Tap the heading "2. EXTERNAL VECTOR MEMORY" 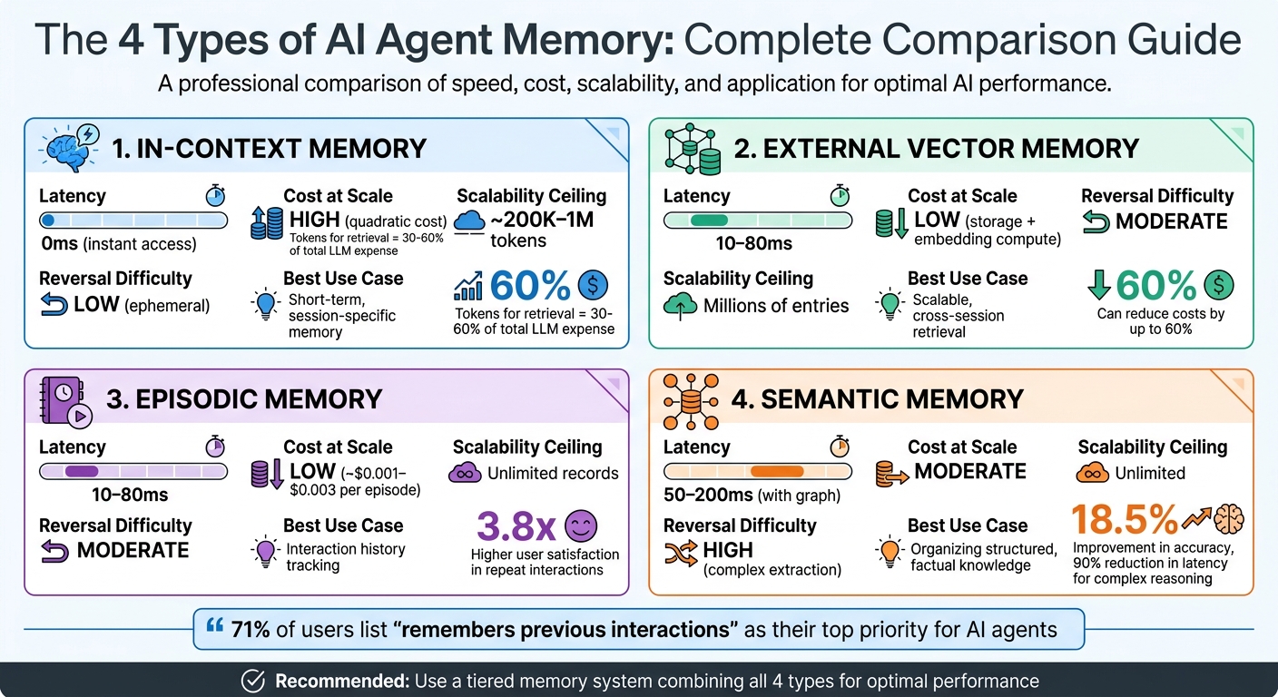pyautogui.click(x=936, y=148)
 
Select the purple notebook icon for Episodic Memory pyautogui.click(x=64, y=399)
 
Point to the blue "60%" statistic pyautogui.click(x=530, y=286)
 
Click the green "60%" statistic pyautogui.click(x=1155, y=286)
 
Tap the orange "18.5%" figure pyautogui.click(x=1124, y=519)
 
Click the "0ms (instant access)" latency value pyautogui.click(x=118, y=244)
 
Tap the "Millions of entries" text pyautogui.click(x=776, y=306)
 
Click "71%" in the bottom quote pyautogui.click(x=250, y=629)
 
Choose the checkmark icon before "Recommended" pyautogui.click(x=253, y=681)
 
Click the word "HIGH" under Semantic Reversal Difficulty pyautogui.click(x=728, y=550)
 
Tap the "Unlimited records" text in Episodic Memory pyautogui.click(x=553, y=473)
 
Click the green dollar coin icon pyautogui.click(x=1218, y=286)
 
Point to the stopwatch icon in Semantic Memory pyautogui.click(x=840, y=447)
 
